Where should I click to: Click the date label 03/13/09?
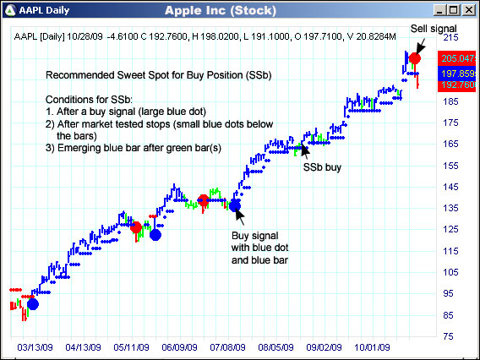tap(35, 346)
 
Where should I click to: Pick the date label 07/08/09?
tap(228, 346)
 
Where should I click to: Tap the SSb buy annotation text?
tap(322, 167)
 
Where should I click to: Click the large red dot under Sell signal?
tap(415, 59)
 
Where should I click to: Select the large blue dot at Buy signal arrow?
tap(235, 204)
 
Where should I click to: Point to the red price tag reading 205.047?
tap(456, 58)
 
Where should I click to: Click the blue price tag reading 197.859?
tap(456, 74)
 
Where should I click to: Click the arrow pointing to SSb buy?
tap(304, 150)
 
